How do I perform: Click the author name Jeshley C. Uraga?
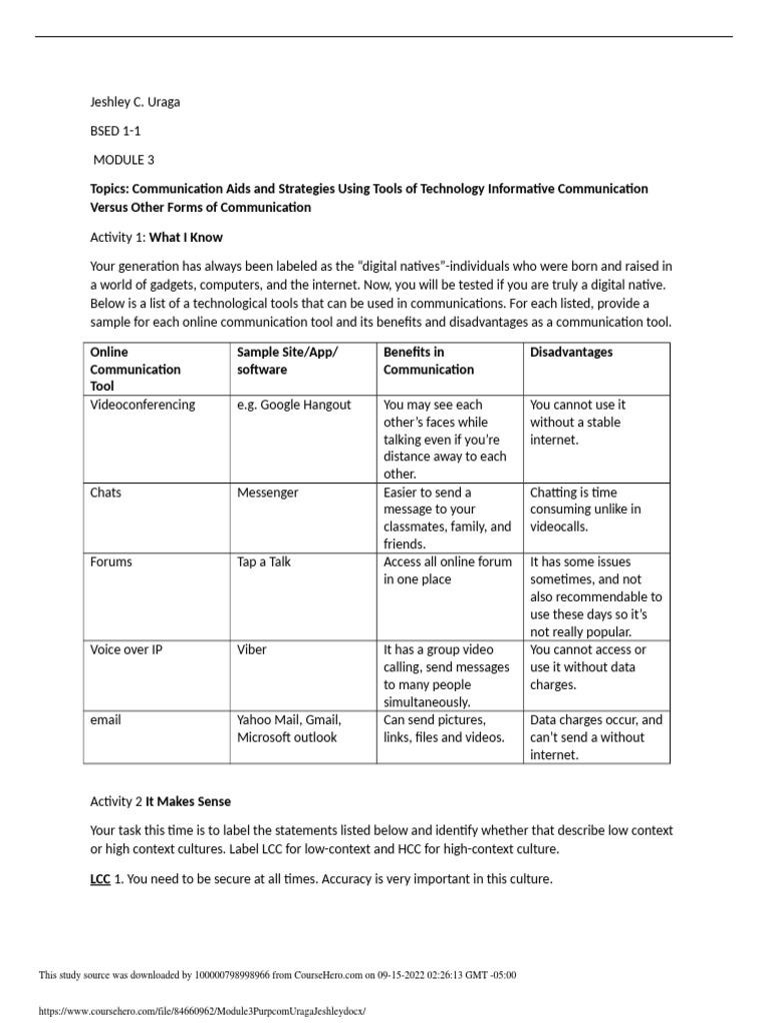click(135, 102)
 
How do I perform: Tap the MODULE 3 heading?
click(124, 160)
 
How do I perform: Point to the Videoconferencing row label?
click(143, 405)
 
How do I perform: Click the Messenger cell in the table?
click(268, 493)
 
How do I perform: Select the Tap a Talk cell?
click(264, 561)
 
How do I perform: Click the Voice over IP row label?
click(126, 649)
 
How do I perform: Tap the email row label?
click(105, 719)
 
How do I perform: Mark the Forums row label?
click(111, 561)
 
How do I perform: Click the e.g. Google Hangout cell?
click(294, 405)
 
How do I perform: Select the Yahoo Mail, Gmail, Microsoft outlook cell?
click(289, 728)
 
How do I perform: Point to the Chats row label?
click(106, 493)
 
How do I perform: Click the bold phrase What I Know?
click(186, 238)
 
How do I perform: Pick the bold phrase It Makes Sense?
click(189, 801)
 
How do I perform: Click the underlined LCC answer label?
click(101, 879)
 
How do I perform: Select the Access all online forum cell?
click(447, 570)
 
